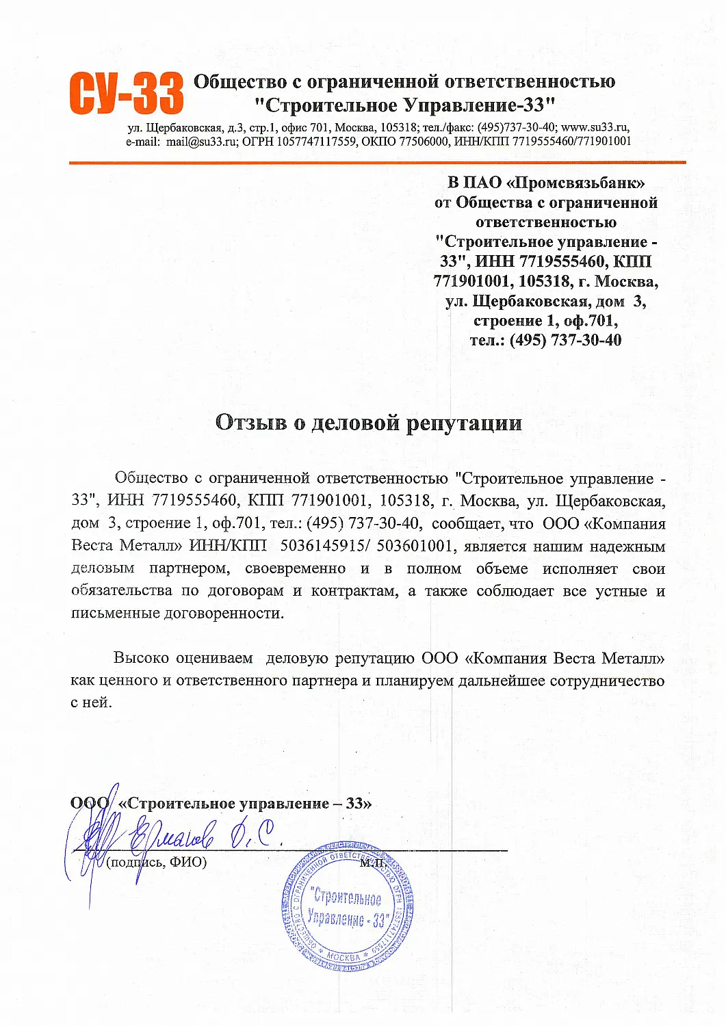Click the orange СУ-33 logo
(x=127, y=94)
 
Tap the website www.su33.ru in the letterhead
(x=595, y=127)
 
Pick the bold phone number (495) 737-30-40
(x=565, y=340)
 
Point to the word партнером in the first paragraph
(x=190, y=568)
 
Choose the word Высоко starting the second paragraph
(x=141, y=658)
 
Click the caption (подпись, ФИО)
(x=157, y=862)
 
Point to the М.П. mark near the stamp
(x=373, y=863)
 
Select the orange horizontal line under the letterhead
(x=377, y=163)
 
